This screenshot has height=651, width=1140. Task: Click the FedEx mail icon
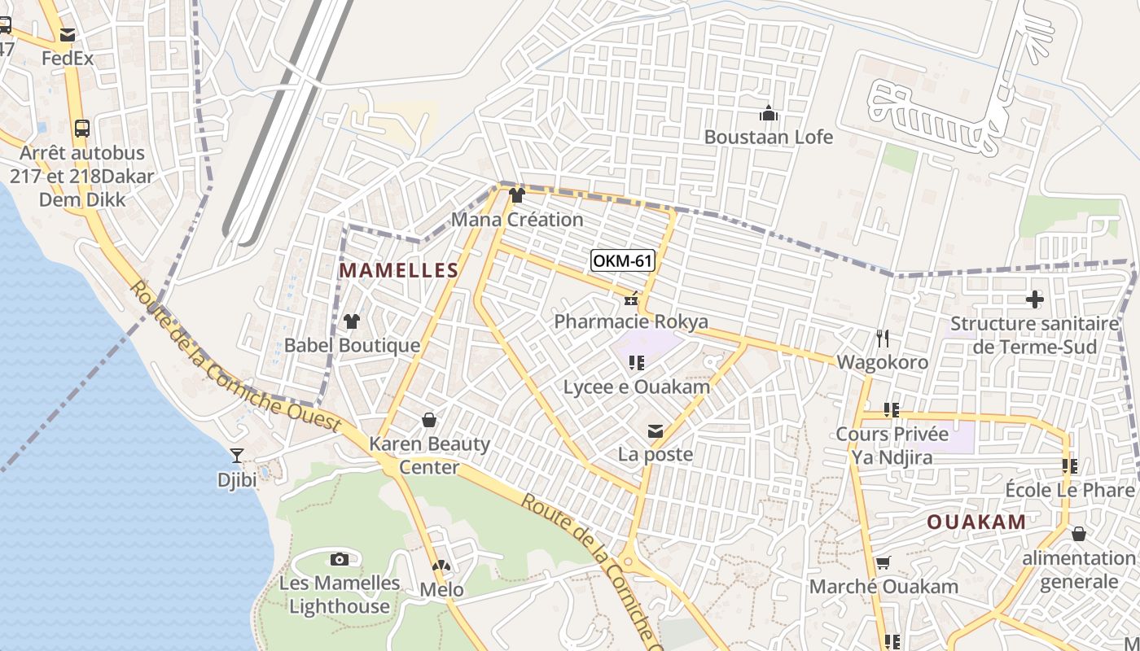[67, 35]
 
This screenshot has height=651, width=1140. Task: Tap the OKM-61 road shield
[623, 260]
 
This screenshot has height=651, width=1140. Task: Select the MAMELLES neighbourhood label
[399, 271]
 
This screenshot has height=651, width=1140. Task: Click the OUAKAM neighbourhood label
[976, 522]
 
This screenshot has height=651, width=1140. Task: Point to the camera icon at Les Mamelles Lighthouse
[340, 559]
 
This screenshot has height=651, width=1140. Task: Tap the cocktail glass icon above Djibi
[237, 456]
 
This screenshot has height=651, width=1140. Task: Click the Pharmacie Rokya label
[631, 321]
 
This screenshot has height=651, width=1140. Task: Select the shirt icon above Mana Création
[516, 195]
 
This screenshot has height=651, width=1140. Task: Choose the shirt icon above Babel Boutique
[352, 321]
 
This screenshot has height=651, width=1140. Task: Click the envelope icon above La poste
[655, 430]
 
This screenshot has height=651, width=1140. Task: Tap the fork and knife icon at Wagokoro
[882, 338]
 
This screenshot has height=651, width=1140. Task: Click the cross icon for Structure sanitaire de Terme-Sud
[1034, 299]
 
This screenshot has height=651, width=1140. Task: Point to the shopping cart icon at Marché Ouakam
[883, 562]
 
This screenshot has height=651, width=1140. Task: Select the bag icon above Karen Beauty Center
[429, 420]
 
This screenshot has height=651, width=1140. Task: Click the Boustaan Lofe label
[769, 137]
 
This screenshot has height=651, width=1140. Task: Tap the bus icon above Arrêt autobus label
[81, 128]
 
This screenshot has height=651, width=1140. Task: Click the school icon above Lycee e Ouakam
[637, 362]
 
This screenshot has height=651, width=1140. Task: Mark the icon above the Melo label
[441, 566]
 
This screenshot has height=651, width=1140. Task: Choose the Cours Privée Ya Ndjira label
[892, 445]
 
